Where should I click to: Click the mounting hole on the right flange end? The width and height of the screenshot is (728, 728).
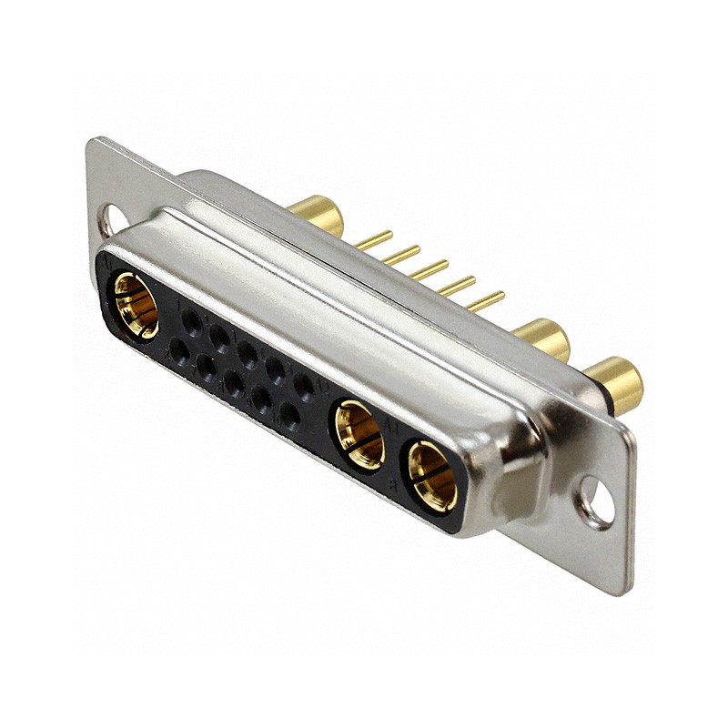tap(596, 503)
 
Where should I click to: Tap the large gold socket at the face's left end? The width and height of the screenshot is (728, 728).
tap(136, 304)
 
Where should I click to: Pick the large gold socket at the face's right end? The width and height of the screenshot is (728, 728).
tap(431, 475)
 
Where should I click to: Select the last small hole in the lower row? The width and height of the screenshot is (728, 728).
tap(290, 416)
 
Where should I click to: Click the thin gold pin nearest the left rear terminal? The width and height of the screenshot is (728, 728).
tap(373, 240)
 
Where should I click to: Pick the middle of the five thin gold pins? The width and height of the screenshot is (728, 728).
tap(429, 270)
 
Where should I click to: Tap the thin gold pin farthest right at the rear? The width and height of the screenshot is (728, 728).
tap(486, 300)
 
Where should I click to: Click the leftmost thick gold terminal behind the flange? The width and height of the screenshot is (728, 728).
tap(318, 214)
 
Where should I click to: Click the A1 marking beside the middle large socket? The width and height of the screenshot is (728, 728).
tap(394, 425)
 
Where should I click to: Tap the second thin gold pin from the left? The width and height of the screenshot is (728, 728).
tap(401, 255)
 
